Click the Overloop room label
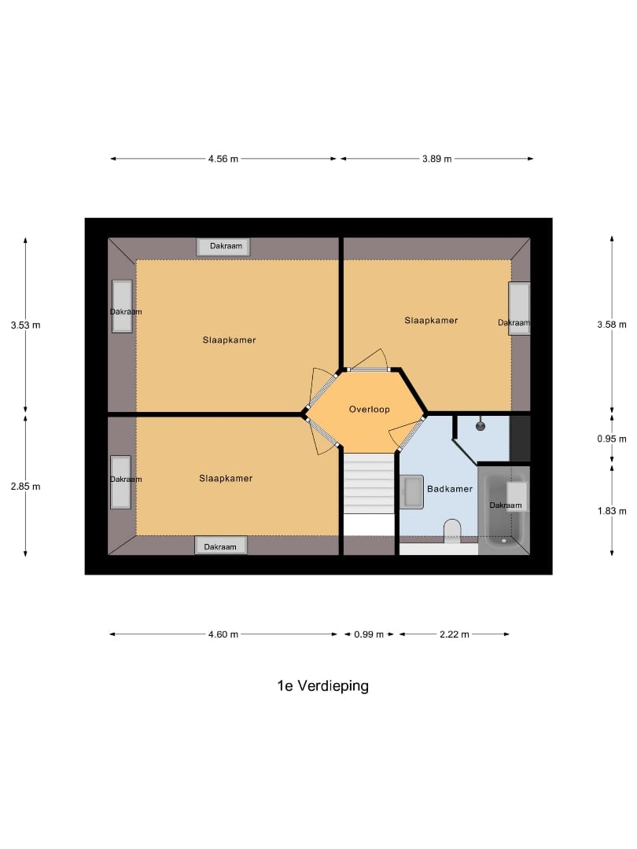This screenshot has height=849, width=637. pos(370,410)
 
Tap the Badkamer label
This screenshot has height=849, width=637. pos(450,489)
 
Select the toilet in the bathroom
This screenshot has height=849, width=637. pos(452,531)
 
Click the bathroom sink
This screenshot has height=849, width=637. pos(411,492)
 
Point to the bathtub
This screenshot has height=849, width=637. pos(503,511)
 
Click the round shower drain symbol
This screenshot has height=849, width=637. pos(481,425)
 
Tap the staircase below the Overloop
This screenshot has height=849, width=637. pos(369,483)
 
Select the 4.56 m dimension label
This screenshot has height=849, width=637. pos(223,159)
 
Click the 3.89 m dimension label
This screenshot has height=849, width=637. pos(436,159)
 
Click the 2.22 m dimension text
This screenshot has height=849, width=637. pos(455,634)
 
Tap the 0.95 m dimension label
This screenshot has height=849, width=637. pos(612,439)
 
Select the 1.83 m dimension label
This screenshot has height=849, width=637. pos(612,510)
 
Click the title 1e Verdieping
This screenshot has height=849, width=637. pos(322,685)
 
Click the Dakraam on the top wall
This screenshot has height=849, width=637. pos(224,247)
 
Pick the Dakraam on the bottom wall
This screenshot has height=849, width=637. pos(221,546)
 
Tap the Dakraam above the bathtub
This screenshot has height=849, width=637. pos(506,505)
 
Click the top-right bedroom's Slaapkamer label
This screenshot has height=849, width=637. pos(431,321)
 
